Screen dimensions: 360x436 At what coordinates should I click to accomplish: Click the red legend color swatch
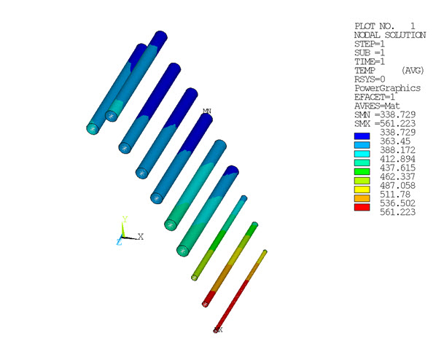tap(362, 207)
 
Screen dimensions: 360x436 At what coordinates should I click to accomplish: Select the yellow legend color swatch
tap(362, 189)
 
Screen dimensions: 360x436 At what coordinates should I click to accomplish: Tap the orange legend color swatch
tap(362, 197)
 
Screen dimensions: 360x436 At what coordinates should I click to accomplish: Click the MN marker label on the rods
tap(207, 111)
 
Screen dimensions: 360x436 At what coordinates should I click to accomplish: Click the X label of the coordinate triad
tap(141, 236)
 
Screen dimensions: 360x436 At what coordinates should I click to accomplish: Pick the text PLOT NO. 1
tap(384, 26)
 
